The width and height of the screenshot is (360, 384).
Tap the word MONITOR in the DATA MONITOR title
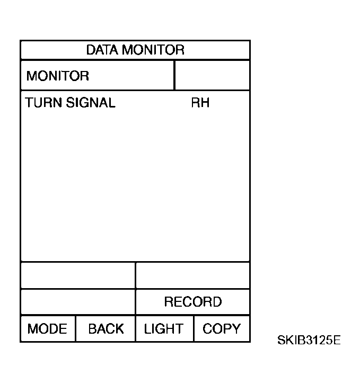[153, 50]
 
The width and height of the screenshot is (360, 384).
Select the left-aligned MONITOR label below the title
[58, 76]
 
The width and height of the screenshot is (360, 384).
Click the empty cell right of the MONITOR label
[212, 75]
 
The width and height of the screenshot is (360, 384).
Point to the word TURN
[43, 103]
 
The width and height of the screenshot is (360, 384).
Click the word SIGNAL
[91, 103]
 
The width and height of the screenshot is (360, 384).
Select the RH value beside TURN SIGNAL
[200, 103]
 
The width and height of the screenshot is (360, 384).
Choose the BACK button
[106, 329]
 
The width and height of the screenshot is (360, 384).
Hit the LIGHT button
[164, 329]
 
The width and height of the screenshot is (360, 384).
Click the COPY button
[222, 329]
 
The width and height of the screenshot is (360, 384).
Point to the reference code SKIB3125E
[309, 340]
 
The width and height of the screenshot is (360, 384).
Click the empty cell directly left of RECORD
[78, 302]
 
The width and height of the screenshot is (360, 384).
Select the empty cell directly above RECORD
[192, 275]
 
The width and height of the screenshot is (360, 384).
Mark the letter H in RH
[205, 103]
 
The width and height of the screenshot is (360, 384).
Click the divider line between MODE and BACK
[76, 329]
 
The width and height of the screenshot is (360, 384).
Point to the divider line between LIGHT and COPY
[194, 329]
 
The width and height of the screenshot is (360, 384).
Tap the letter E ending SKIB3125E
[337, 340]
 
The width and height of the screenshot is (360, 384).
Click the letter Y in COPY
[236, 329]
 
